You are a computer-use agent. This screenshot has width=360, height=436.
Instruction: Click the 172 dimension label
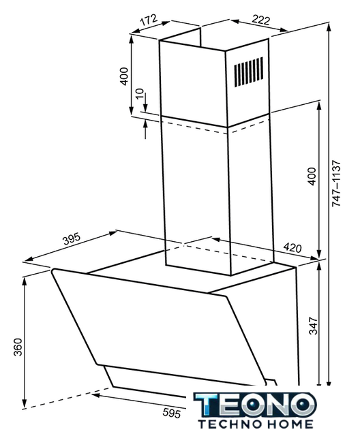pos(149,20)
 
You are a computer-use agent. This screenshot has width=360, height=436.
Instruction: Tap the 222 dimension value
pos(260,20)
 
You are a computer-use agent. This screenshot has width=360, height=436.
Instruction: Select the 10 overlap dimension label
pos(139,93)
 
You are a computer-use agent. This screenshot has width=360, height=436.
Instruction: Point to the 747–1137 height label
pos(336,183)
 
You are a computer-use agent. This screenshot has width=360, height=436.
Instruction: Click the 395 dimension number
pos(72,239)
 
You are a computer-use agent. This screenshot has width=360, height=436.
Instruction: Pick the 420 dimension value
pos(292,247)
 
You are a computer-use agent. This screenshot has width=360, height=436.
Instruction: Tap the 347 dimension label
pos(313,326)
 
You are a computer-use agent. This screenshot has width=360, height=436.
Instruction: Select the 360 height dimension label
pos(18,347)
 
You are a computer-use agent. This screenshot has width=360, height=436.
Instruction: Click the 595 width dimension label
pos(172,413)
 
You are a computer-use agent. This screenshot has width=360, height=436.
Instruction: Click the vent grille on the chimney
pos(248,71)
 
